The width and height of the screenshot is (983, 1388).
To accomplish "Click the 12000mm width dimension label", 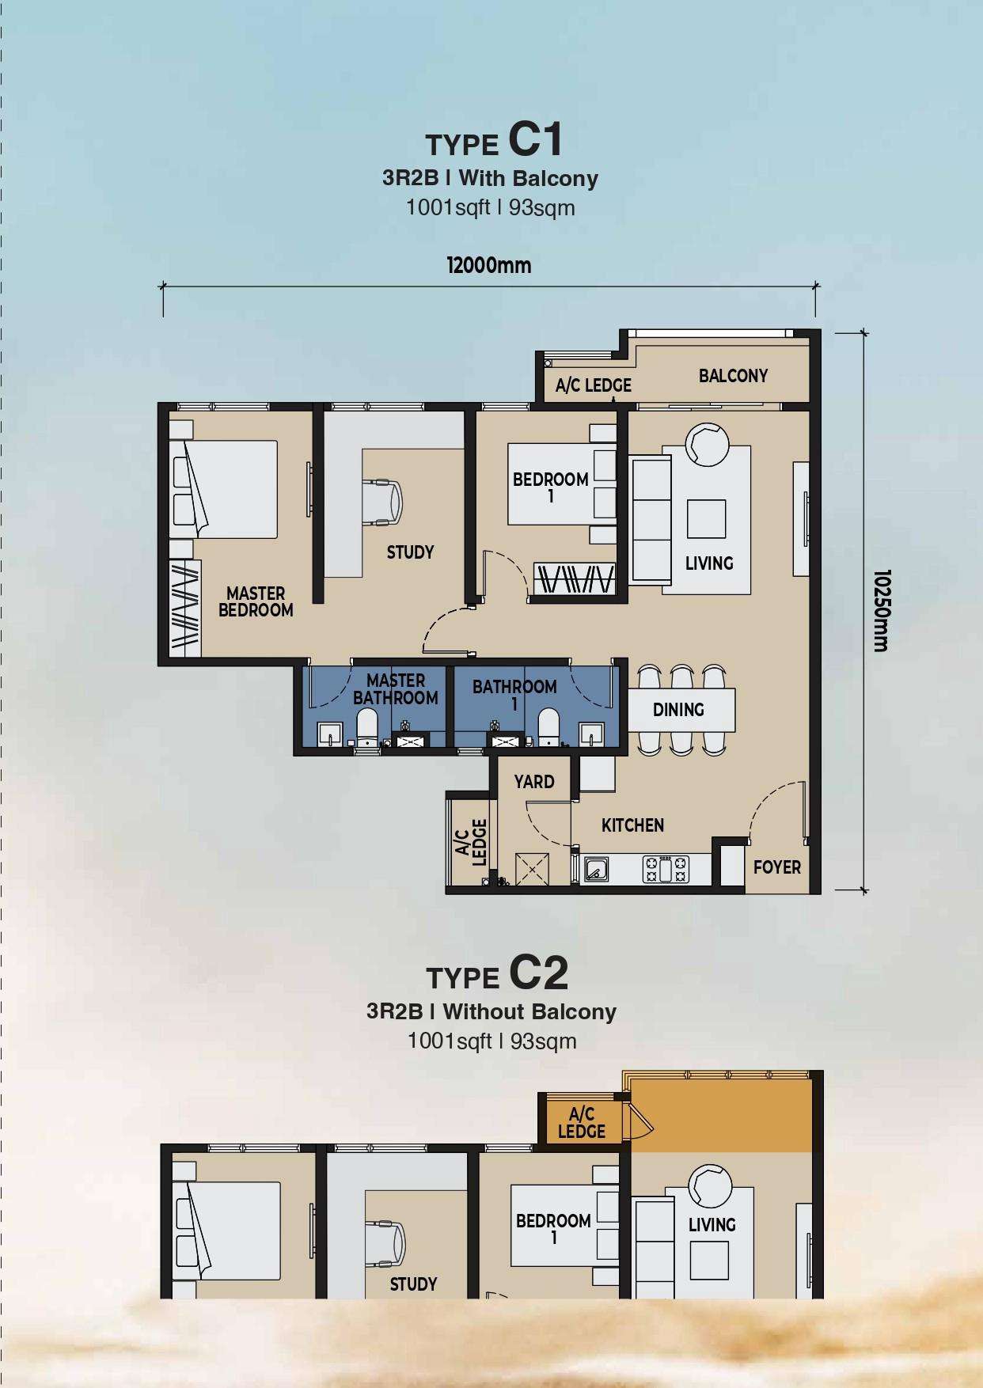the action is coord(489,265).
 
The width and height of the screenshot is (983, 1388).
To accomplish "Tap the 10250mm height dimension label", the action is coord(882,610).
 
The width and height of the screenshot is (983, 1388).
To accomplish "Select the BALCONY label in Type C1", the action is coord(733,376).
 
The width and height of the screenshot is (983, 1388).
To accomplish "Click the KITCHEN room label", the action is coord(632,825).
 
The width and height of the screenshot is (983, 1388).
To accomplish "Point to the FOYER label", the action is coord(777,867).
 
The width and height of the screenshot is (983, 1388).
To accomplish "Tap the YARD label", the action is coord(534,782).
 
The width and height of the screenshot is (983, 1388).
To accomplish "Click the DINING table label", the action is coord(678,710).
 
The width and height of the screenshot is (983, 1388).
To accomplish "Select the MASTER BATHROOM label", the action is coord(396,689).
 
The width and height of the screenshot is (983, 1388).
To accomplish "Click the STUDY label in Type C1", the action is coord(410,552).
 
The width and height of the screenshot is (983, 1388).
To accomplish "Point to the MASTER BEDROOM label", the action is coord(256,601).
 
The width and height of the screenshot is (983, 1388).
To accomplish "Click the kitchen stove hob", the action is coord(666,869).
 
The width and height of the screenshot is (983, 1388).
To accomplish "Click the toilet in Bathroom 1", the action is coord(548,727).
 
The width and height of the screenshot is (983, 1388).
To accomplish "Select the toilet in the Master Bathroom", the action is coord(367,727).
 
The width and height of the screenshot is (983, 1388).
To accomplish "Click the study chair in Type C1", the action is coord(383,502).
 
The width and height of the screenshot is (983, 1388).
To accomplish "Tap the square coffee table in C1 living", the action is coord(706,518).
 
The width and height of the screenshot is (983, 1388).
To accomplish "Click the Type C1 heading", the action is coord(495,141).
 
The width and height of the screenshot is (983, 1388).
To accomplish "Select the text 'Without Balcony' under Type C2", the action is coord(529,1011).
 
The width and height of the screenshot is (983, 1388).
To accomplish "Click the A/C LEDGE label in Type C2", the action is coord(582,1123).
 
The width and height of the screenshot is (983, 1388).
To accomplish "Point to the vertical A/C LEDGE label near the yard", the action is coord(470,842).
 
